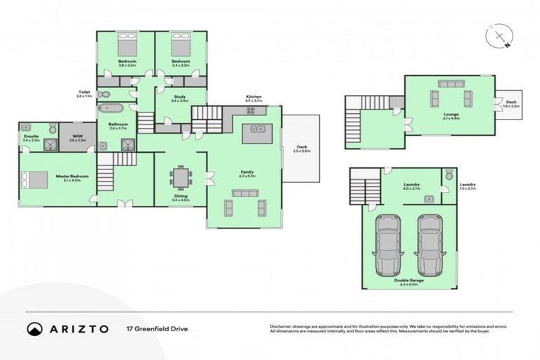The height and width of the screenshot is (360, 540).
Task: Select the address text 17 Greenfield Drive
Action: (x=157, y=328)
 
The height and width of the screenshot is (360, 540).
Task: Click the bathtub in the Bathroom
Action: (x=111, y=109)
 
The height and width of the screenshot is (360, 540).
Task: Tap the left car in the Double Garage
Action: (x=387, y=245)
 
